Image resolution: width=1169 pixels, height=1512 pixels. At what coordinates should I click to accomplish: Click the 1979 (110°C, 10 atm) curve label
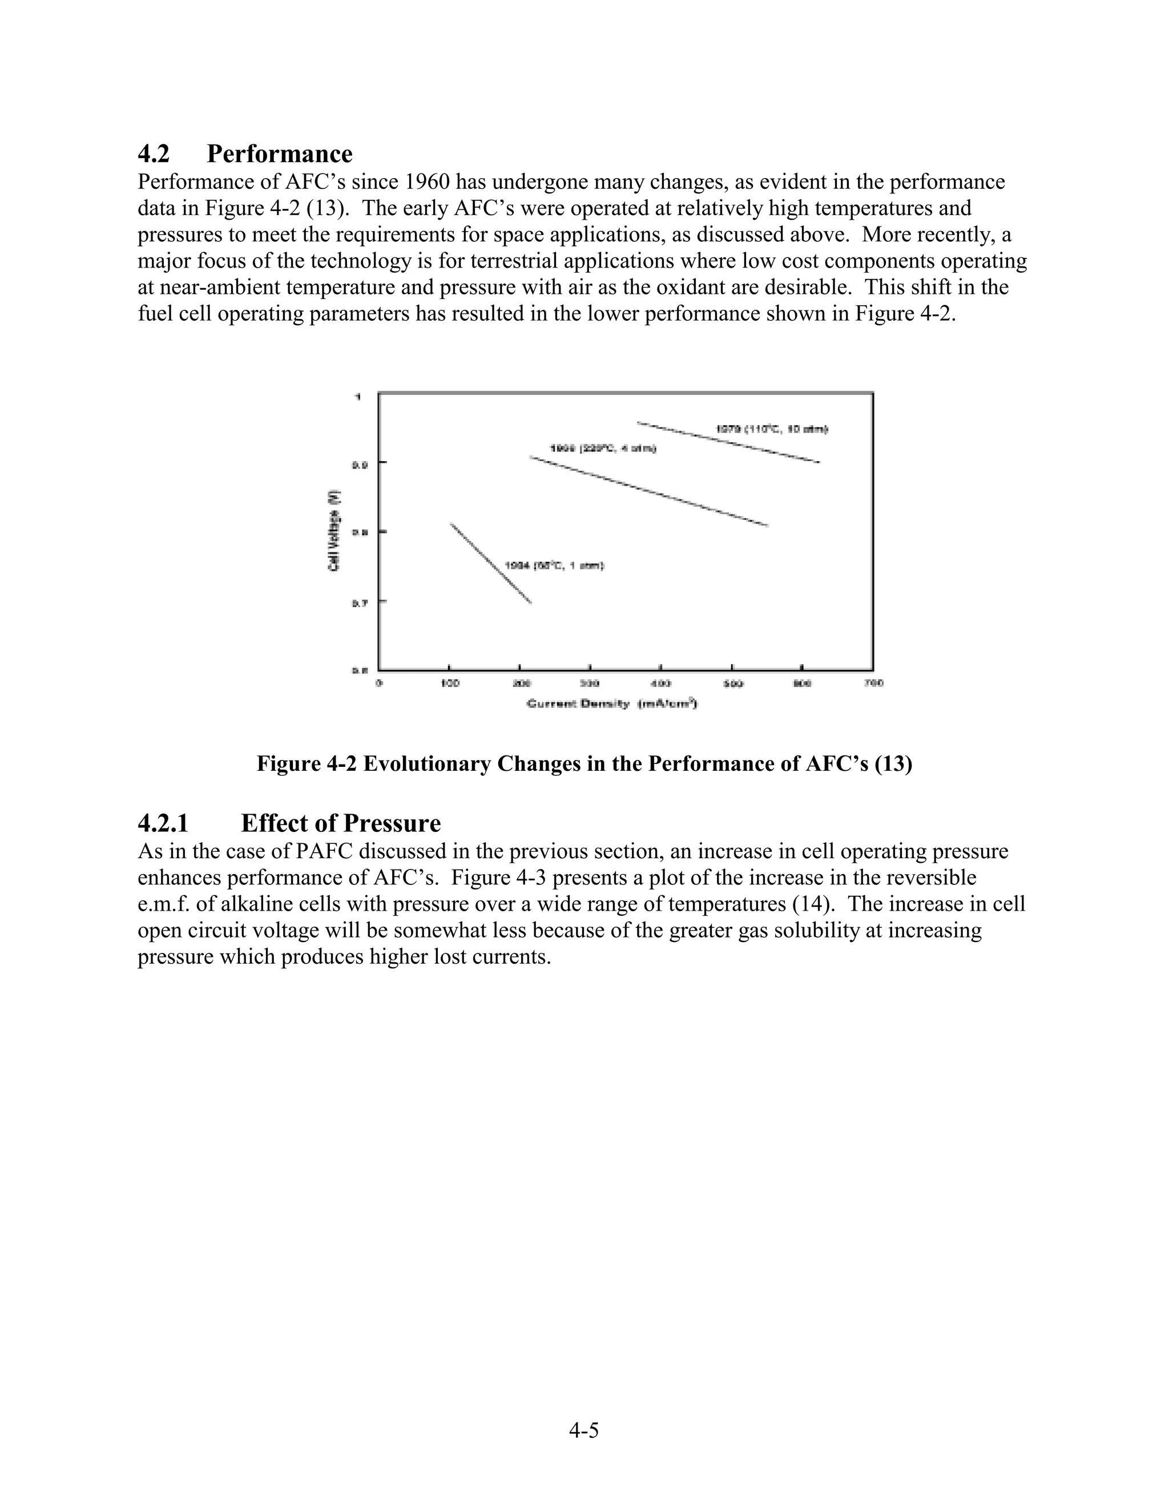click(772, 429)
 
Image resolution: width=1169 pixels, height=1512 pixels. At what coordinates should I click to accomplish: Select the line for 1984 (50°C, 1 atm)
click(490, 563)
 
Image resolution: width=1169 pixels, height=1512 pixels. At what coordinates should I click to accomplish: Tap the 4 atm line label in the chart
click(603, 448)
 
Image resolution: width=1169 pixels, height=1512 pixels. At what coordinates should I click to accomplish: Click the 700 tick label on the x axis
click(874, 684)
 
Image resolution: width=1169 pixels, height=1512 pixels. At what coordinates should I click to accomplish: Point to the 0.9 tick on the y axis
click(360, 463)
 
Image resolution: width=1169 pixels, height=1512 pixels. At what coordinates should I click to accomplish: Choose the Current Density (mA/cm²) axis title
click(612, 704)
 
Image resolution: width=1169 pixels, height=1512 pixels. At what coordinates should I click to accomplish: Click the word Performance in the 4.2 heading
click(279, 153)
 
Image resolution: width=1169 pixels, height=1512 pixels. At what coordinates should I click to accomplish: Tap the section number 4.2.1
click(163, 823)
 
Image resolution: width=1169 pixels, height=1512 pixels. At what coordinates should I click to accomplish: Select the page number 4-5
click(584, 1430)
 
